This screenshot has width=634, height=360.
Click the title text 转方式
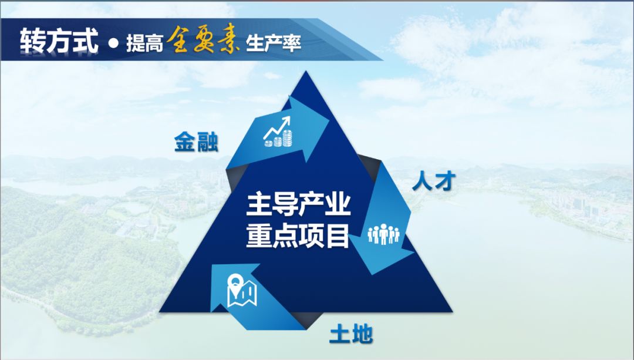(59, 41)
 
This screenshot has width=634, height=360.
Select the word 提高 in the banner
(144, 43)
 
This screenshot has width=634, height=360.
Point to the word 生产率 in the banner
(274, 43)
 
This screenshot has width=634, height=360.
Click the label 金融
(197, 142)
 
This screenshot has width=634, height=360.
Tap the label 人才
(434, 181)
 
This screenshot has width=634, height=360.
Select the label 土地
(351, 335)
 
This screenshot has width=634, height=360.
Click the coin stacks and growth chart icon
(278, 132)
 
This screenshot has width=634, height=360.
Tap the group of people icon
(383, 234)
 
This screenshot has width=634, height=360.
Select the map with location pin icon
(242, 291)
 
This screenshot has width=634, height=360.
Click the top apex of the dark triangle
(306, 72)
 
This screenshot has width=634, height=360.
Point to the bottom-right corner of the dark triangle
(451, 312)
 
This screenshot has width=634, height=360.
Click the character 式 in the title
(86, 41)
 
